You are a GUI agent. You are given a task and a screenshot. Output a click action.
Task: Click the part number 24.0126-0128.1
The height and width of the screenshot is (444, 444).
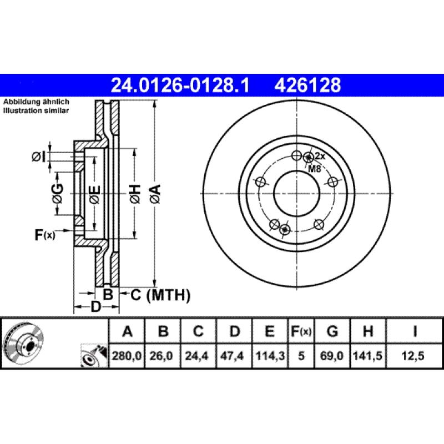180,85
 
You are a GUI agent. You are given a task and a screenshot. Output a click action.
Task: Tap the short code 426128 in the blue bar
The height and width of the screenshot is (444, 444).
307,85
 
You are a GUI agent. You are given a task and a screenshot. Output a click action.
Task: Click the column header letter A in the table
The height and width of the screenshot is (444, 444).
127,332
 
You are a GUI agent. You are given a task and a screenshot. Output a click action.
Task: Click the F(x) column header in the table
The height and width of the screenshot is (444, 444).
301,332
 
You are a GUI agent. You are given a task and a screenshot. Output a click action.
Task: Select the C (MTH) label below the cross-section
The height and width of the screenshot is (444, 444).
160,295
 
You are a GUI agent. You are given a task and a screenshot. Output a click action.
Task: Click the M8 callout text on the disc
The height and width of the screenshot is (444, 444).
315,168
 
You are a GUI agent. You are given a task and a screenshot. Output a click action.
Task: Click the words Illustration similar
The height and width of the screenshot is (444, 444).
36,111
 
